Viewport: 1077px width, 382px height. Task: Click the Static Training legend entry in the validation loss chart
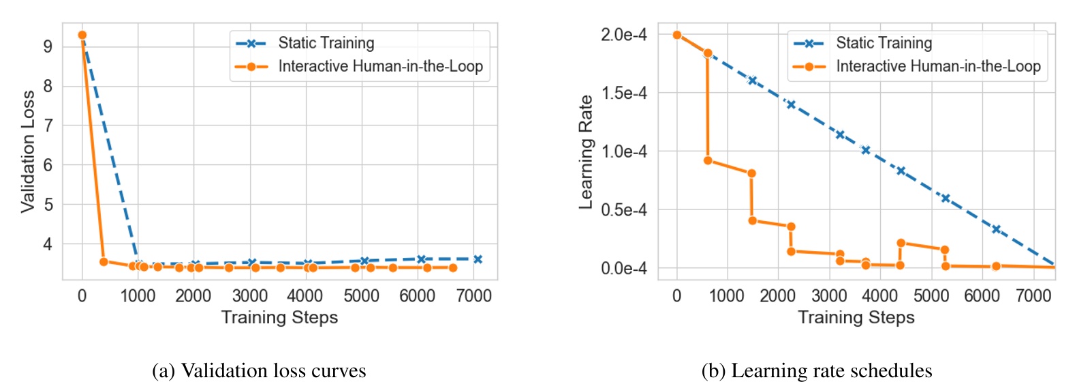click(x=326, y=43)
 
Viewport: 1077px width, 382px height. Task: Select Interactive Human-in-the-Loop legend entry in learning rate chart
click(x=937, y=66)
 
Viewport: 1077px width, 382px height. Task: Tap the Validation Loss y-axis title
click(x=27, y=151)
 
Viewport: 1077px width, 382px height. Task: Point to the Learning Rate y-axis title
click(x=585, y=151)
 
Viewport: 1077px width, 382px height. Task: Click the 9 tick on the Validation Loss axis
click(x=48, y=46)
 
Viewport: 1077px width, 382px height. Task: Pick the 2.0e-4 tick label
click(x=623, y=35)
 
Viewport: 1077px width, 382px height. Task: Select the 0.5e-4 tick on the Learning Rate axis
click(x=623, y=210)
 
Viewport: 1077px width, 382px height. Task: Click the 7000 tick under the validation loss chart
click(x=473, y=296)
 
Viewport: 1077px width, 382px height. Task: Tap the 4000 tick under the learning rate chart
click(x=879, y=296)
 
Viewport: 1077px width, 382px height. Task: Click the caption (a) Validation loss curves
click(x=259, y=370)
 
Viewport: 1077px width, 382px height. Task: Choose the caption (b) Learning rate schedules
click(x=817, y=370)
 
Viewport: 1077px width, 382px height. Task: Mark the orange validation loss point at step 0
click(x=82, y=35)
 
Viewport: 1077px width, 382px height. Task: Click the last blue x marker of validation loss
click(x=478, y=259)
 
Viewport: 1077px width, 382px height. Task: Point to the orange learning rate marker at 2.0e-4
click(x=676, y=35)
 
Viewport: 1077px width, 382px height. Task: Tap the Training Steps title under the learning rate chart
click(x=856, y=317)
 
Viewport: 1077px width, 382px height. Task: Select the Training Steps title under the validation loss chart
click(x=279, y=317)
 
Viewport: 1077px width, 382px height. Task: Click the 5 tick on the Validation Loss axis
click(x=48, y=205)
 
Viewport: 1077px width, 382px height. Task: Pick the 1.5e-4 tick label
click(x=623, y=93)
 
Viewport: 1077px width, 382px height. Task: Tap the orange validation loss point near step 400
click(x=104, y=261)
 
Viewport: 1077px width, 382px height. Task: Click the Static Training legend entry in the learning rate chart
click(x=884, y=43)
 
